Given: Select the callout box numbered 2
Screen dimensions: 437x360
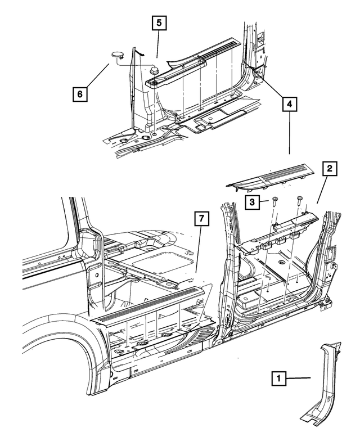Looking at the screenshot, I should (x=329, y=168).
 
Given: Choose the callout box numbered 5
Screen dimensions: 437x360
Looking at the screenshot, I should (x=159, y=23).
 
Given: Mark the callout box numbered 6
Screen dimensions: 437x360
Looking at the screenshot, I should (x=80, y=94).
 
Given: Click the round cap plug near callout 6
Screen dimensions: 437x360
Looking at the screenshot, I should (x=118, y=55).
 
